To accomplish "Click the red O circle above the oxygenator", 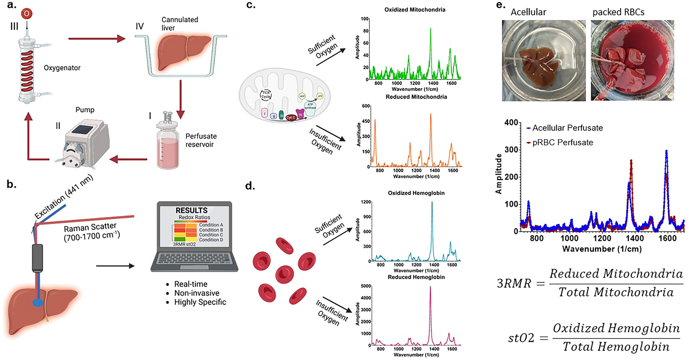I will tap(26, 14).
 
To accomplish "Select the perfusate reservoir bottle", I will tap(168, 143).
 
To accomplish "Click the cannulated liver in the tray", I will tap(182, 52).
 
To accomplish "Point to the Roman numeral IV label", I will tap(139, 27).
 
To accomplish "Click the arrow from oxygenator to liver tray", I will tap(96, 39).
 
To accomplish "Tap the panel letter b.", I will tap(11, 184).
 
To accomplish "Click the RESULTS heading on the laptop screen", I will tap(192, 210).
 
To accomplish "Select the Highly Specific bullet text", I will tap(200, 302).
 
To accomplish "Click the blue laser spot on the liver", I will tap(38, 303).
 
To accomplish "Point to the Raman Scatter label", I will tap(90, 227).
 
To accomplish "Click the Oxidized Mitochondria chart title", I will tap(414, 10).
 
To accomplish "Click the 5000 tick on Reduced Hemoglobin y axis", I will tap(365, 286).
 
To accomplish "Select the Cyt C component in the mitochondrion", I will tap(291, 118).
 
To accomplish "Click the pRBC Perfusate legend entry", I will tap(562, 142).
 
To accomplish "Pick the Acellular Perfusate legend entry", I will tap(567, 128).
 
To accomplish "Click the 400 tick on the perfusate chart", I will tap(511, 123).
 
